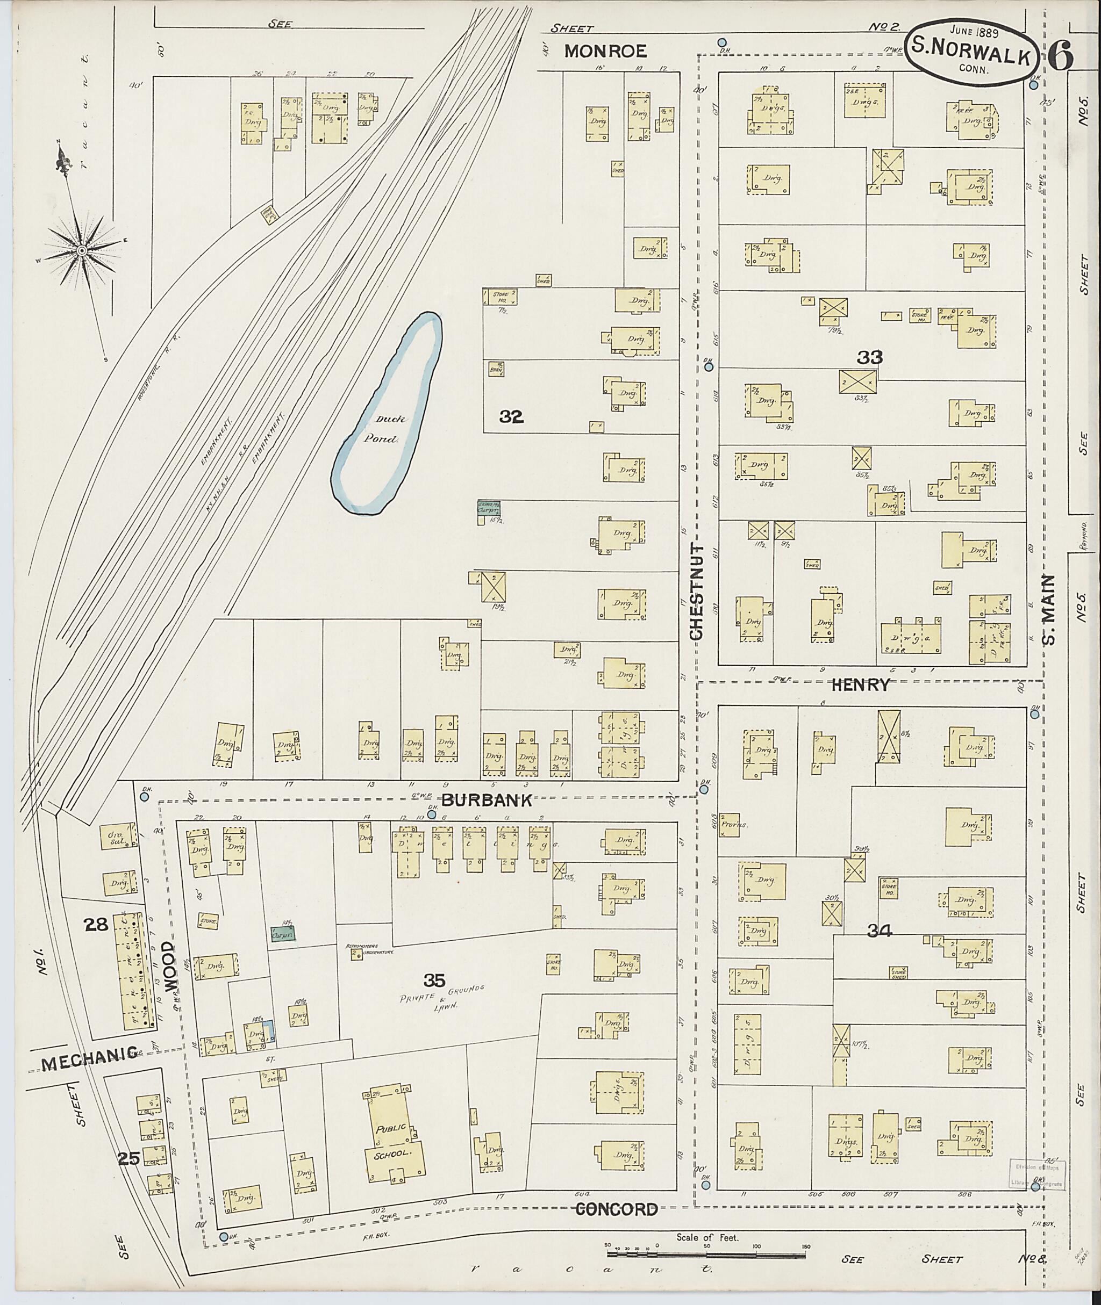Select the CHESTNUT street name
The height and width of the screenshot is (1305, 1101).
point(697,593)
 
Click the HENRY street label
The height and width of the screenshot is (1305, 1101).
point(860,685)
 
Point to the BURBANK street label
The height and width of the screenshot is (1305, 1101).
point(488,801)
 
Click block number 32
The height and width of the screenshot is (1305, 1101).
point(511,417)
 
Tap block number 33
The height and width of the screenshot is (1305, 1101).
point(869,357)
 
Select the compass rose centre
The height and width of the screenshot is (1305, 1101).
point(81,250)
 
